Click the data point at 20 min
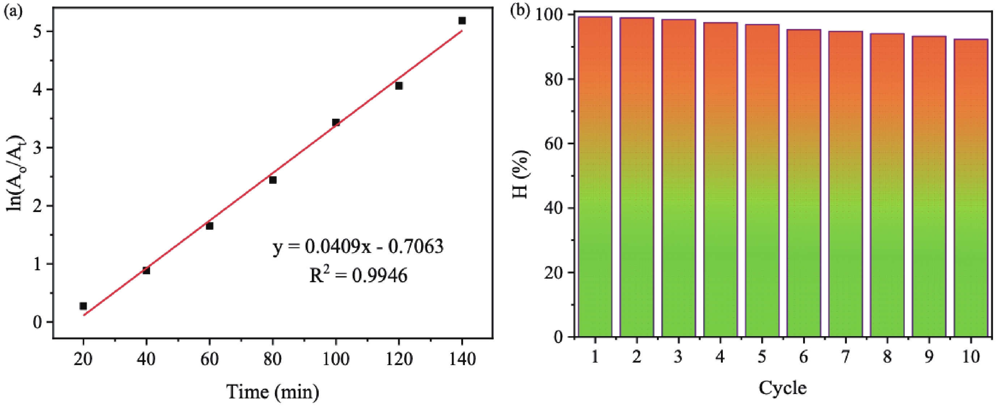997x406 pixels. tap(83, 306)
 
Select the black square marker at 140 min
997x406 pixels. tap(462, 21)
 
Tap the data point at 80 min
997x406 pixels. tap(273, 180)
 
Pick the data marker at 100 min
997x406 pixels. tap(336, 122)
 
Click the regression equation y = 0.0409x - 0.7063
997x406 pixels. tap(358, 246)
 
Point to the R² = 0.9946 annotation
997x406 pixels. tap(359, 276)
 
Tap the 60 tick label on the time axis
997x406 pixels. tap(209, 360)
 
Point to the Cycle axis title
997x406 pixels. tap(782, 388)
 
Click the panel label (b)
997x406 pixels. tap(519, 10)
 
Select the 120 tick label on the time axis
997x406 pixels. tap(399, 360)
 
